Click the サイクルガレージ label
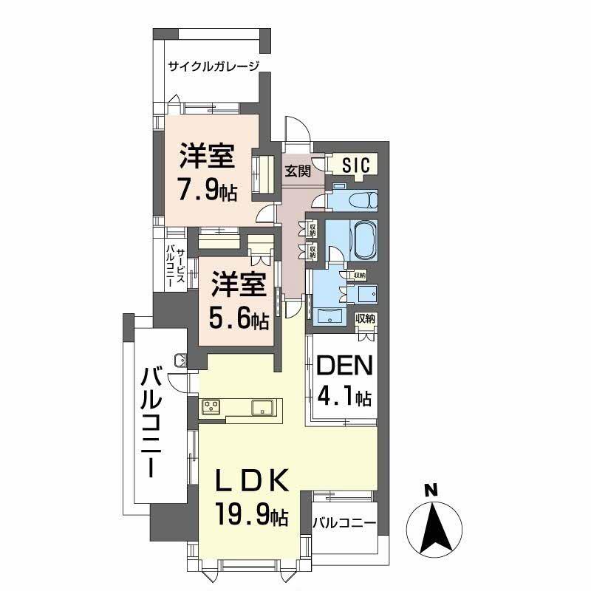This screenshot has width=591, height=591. (214, 66)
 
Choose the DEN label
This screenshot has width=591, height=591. (344, 367)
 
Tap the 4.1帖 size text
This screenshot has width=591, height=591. (344, 397)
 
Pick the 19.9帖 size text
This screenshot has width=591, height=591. (250, 513)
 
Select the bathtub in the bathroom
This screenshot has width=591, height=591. (361, 240)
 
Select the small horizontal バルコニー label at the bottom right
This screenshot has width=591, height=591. (344, 522)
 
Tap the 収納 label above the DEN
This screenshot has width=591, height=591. (365, 319)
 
